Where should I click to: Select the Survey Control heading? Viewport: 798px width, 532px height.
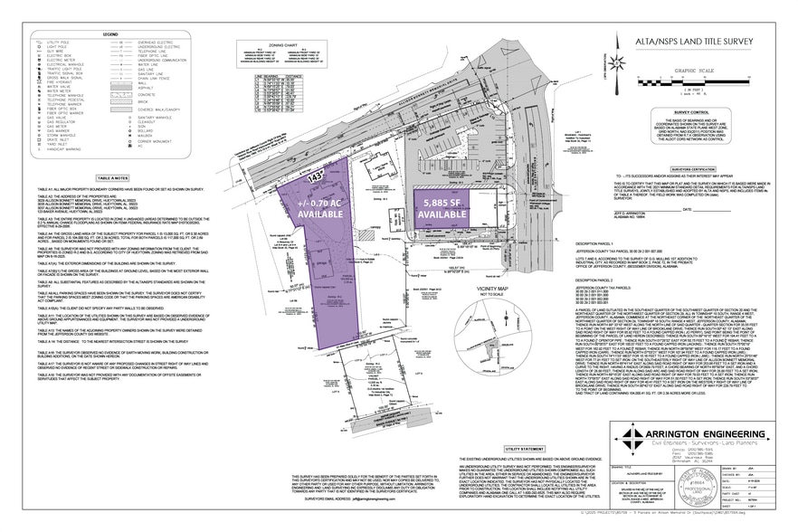697,113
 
